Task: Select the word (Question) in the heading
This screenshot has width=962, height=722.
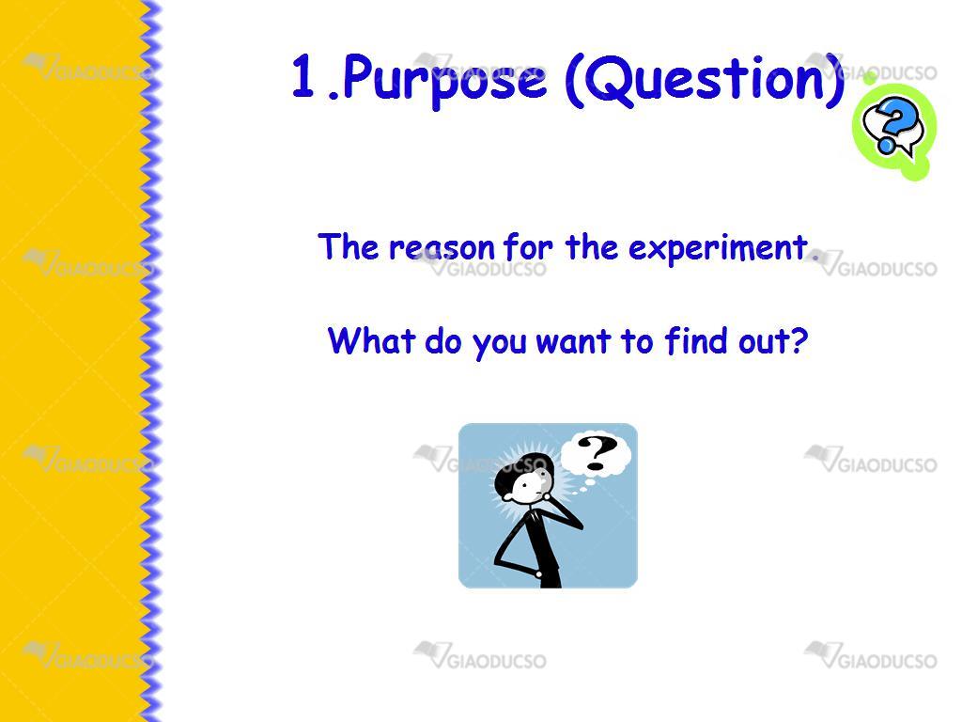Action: click(x=705, y=80)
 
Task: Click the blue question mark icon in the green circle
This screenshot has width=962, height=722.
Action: click(x=893, y=127)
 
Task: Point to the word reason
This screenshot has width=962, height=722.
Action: click(x=442, y=249)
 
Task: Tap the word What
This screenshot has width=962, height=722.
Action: click(x=372, y=340)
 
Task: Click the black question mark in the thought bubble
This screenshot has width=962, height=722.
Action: click(x=597, y=452)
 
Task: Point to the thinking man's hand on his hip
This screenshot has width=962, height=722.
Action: click(x=538, y=574)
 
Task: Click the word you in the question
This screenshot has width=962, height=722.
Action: click(x=500, y=344)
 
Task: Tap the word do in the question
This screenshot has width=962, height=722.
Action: click(x=443, y=340)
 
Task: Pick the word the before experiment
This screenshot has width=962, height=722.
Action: click(x=592, y=247)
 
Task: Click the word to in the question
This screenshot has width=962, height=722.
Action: click(x=637, y=342)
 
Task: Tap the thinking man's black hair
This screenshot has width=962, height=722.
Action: click(x=521, y=472)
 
